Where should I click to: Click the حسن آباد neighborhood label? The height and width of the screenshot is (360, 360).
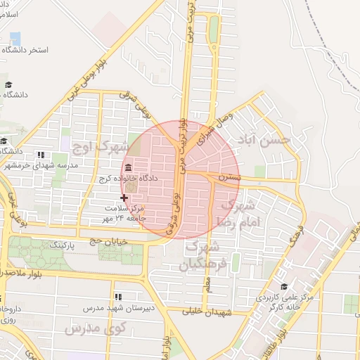click(x=264, y=141)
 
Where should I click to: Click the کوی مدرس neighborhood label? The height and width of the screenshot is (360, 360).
click(x=94, y=328)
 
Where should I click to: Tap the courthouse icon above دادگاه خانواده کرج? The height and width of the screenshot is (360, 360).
click(x=128, y=168)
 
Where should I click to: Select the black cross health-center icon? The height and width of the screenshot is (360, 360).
click(x=124, y=198)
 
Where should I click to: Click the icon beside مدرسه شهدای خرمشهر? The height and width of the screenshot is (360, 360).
click(x=40, y=155)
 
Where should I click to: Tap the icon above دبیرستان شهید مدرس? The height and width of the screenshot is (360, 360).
click(x=117, y=297)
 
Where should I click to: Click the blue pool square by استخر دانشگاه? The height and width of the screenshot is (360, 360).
click(x=15, y=38)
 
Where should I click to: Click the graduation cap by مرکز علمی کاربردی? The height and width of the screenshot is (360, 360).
click(x=284, y=286)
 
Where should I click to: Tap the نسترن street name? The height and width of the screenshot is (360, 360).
click(x=229, y=178)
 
